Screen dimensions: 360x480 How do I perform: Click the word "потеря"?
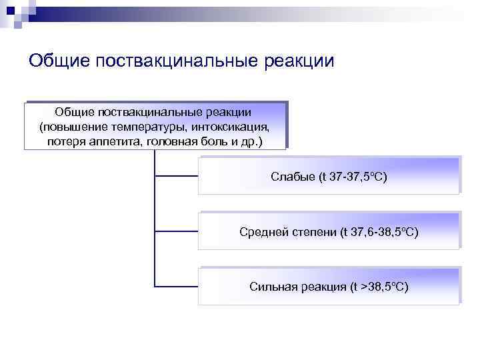pyautogui.click(x=67, y=142)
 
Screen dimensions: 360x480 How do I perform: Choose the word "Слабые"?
pyautogui.click(x=292, y=177)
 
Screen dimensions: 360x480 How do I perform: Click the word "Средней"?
pyautogui.click(x=261, y=232)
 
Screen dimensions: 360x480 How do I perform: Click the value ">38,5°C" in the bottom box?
pyautogui.click(x=384, y=287)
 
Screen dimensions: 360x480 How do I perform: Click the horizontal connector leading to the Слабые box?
pyautogui.click(x=176, y=176)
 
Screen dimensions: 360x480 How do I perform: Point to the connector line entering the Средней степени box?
pyautogui.click(x=176, y=231)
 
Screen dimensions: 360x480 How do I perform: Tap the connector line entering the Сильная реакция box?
pyautogui.click(x=176, y=287)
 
